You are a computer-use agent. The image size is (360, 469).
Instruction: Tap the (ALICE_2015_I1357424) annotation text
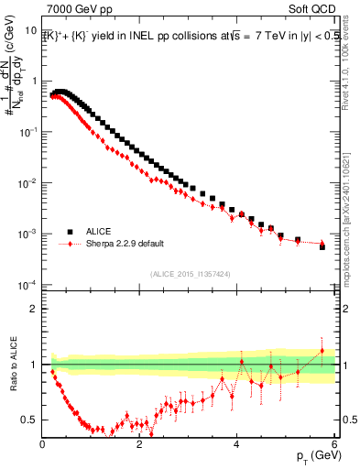tap(190, 273)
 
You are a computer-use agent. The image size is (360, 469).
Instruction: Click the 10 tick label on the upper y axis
tap(31, 30)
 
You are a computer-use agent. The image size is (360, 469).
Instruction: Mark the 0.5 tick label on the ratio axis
tap(30, 420)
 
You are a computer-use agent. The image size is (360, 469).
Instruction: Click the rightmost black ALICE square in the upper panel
tap(322, 246)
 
